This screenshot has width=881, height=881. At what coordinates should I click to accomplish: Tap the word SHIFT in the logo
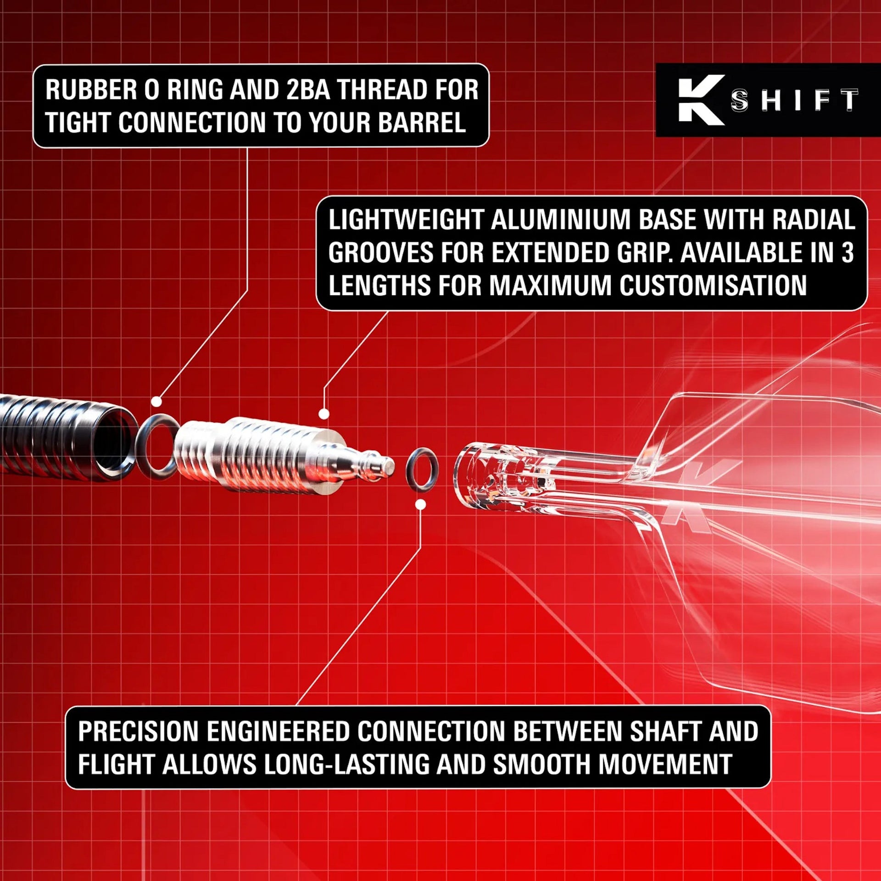point(794,100)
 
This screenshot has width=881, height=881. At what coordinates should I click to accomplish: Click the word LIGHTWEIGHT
point(406,220)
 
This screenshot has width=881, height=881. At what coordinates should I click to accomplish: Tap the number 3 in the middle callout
point(847,253)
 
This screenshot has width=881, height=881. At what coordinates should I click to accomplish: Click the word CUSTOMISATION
point(713,286)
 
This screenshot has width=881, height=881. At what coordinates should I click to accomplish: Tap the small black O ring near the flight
point(422,470)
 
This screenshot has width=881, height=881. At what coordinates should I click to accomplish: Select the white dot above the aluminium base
point(324,414)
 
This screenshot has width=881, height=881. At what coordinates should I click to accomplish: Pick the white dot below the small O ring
point(420,505)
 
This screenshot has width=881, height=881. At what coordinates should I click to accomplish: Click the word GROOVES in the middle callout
point(380,253)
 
